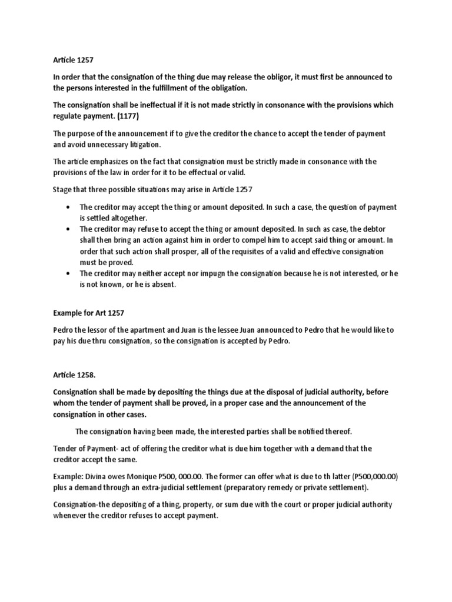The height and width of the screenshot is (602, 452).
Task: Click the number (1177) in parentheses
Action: coord(128,116)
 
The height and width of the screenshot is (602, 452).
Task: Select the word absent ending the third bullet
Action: coord(162,285)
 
